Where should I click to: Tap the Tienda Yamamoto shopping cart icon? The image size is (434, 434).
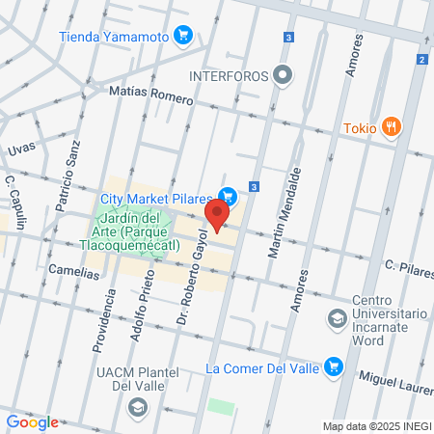[x=183, y=37]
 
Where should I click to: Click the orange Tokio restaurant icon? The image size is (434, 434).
[x=391, y=126]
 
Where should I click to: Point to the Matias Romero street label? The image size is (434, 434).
[x=151, y=95]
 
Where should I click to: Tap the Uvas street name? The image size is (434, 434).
[x=21, y=149]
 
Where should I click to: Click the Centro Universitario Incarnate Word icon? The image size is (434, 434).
[x=338, y=317]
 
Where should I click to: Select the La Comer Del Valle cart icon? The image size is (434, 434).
[x=334, y=366]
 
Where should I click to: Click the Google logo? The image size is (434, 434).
[x=32, y=421]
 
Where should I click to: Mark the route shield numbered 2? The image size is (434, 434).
[x=421, y=60]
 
